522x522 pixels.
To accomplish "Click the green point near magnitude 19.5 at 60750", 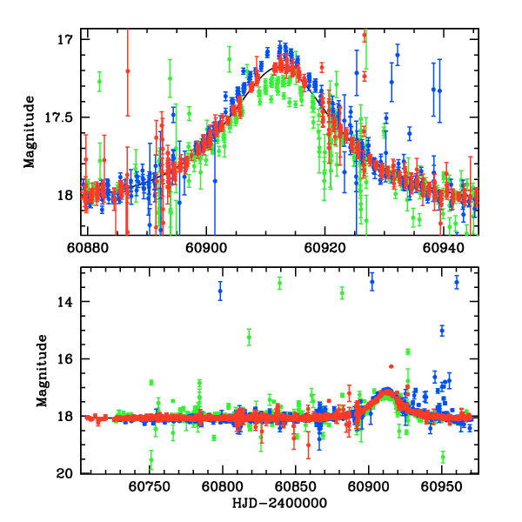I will coord(151,460).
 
